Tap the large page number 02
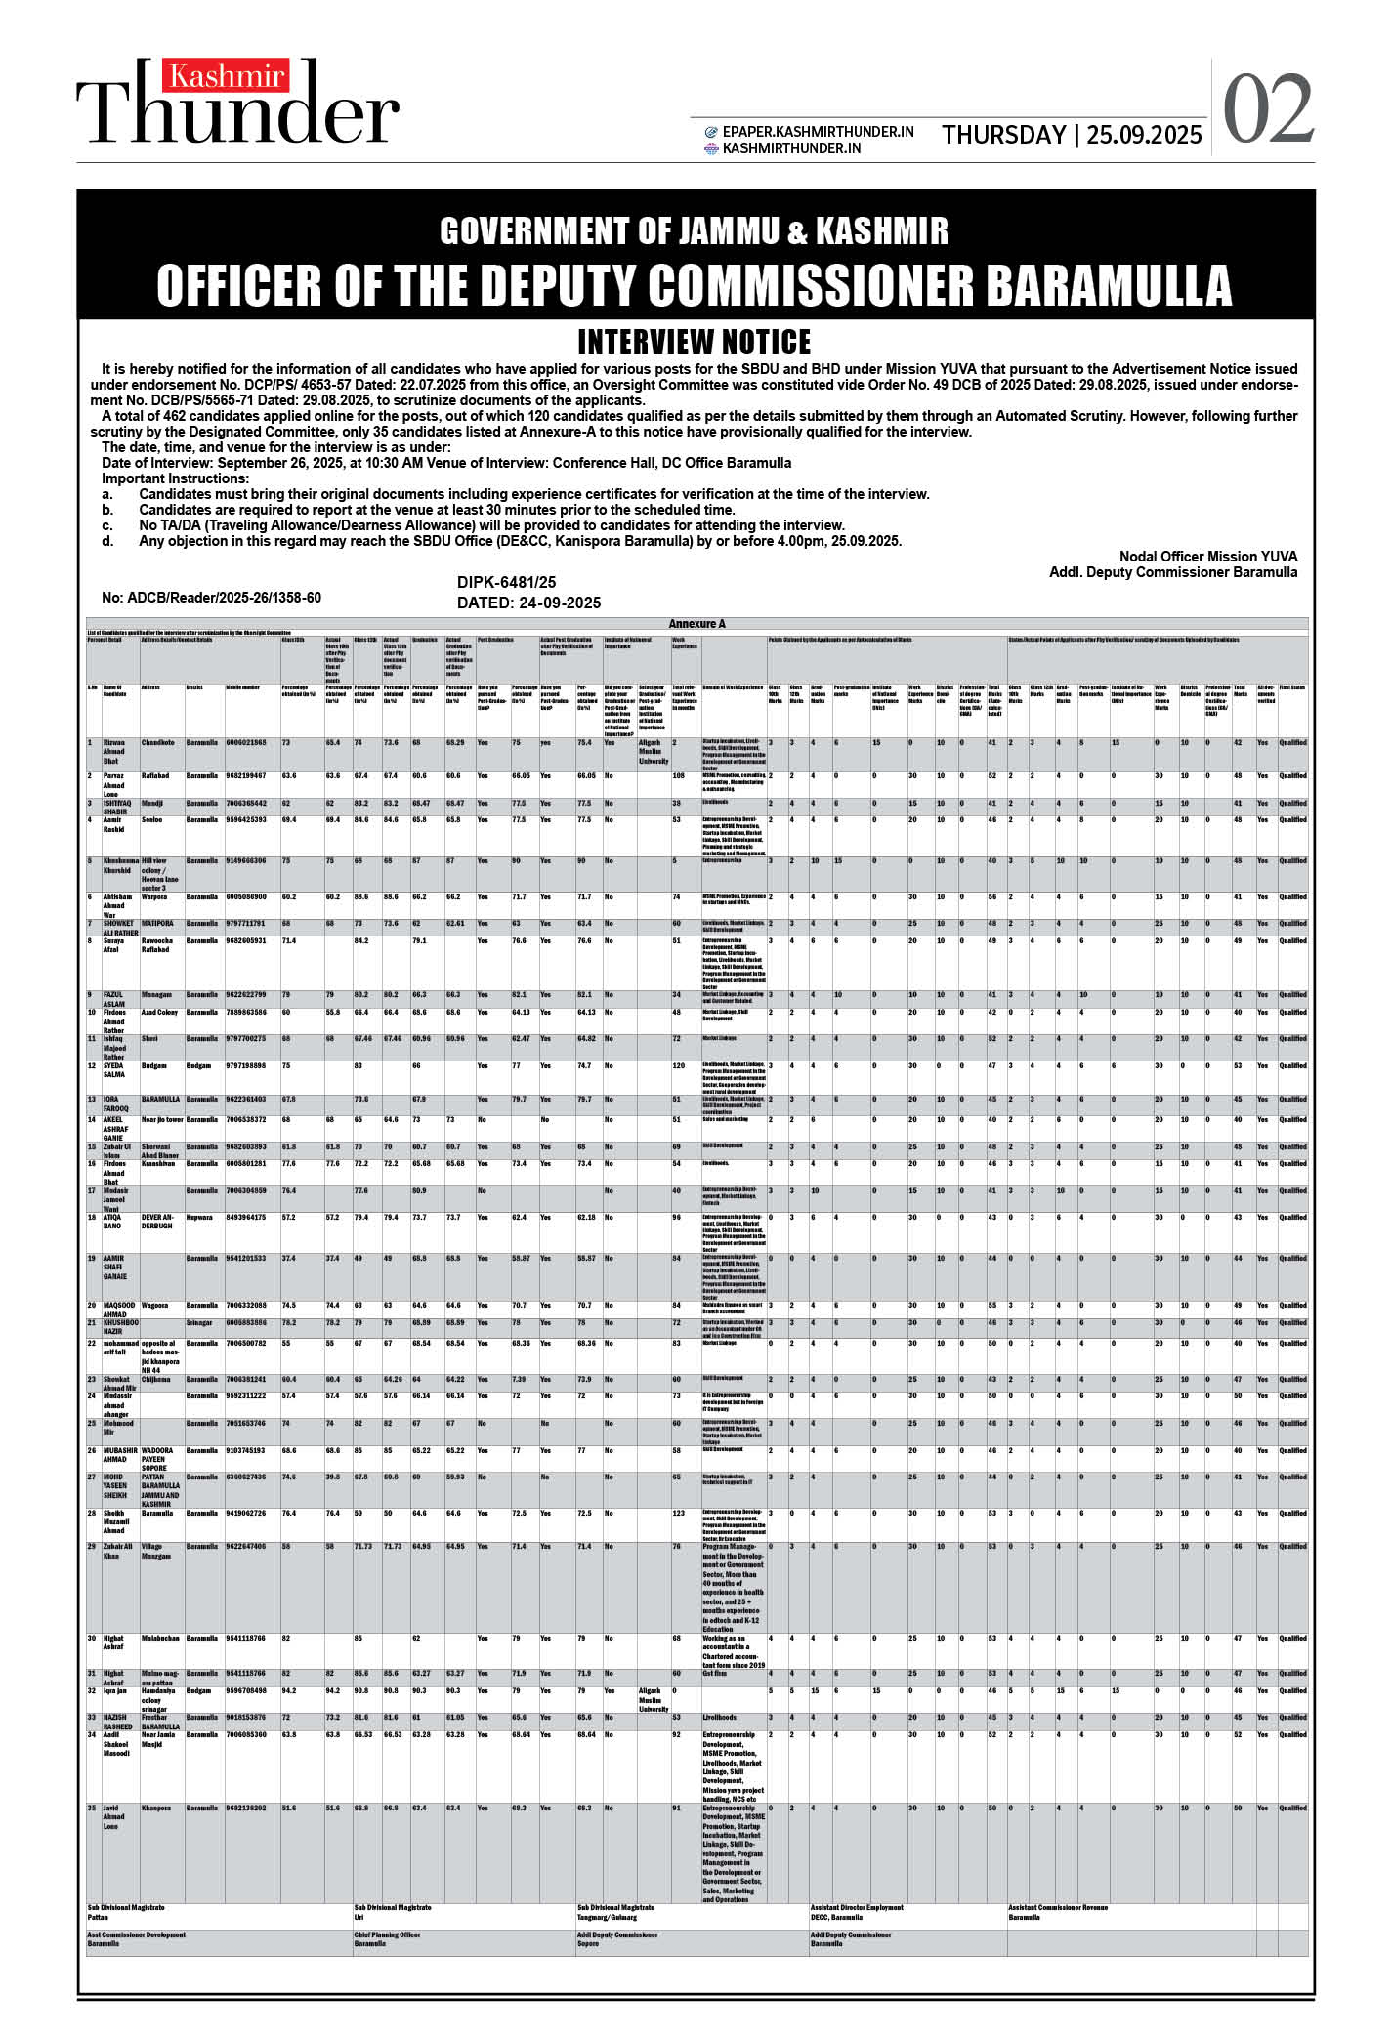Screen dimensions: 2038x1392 click(1268, 110)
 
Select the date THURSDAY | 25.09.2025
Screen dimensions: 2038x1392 click(1072, 135)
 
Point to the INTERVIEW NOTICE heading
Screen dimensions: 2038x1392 click(695, 342)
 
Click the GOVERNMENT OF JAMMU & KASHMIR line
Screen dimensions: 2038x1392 click(695, 231)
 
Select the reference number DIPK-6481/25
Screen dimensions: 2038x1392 click(506, 583)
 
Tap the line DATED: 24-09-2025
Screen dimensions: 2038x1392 click(528, 603)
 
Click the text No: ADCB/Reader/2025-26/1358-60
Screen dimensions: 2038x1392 click(211, 598)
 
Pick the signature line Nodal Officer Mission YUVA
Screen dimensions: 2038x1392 click(1208, 557)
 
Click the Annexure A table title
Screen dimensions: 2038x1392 click(696, 624)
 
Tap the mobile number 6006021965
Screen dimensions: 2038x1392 click(246, 742)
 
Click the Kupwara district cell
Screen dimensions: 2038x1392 click(200, 1218)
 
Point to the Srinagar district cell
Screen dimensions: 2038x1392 click(200, 1322)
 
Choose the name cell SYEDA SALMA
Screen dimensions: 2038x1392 click(115, 1070)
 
